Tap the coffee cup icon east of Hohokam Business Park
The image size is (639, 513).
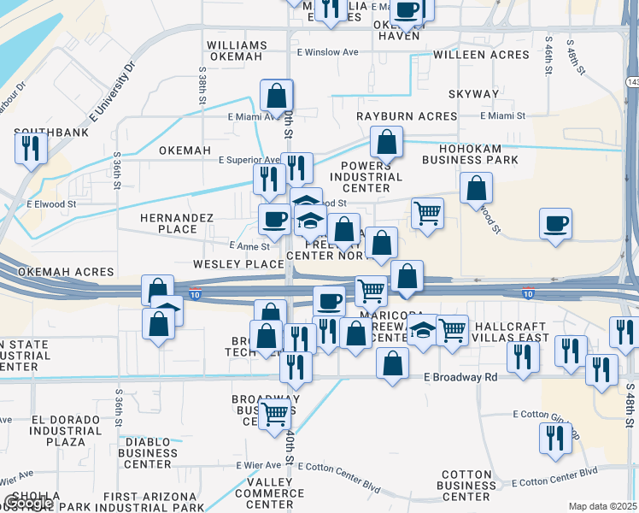tap(555, 224)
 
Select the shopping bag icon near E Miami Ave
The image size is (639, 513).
tap(277, 97)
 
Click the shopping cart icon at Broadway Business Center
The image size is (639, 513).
tap(273, 414)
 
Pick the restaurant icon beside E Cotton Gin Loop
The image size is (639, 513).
tap(557, 438)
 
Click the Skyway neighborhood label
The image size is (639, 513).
tap(474, 94)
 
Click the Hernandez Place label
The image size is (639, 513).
tap(179, 223)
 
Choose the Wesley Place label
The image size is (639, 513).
tap(237, 264)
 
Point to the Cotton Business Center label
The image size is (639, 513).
tap(468, 486)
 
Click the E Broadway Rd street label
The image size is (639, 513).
tap(460, 377)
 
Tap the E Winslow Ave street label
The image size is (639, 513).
tap(327, 52)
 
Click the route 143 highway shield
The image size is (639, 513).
tap(632, 82)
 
